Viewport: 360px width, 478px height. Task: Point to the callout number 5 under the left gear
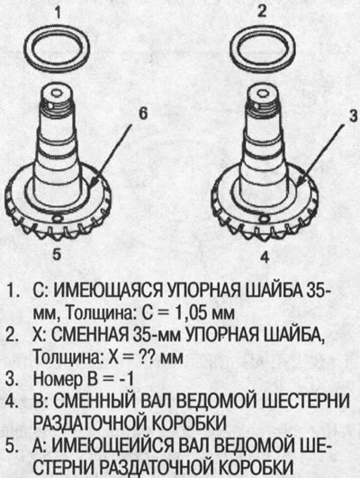point(56,255)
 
